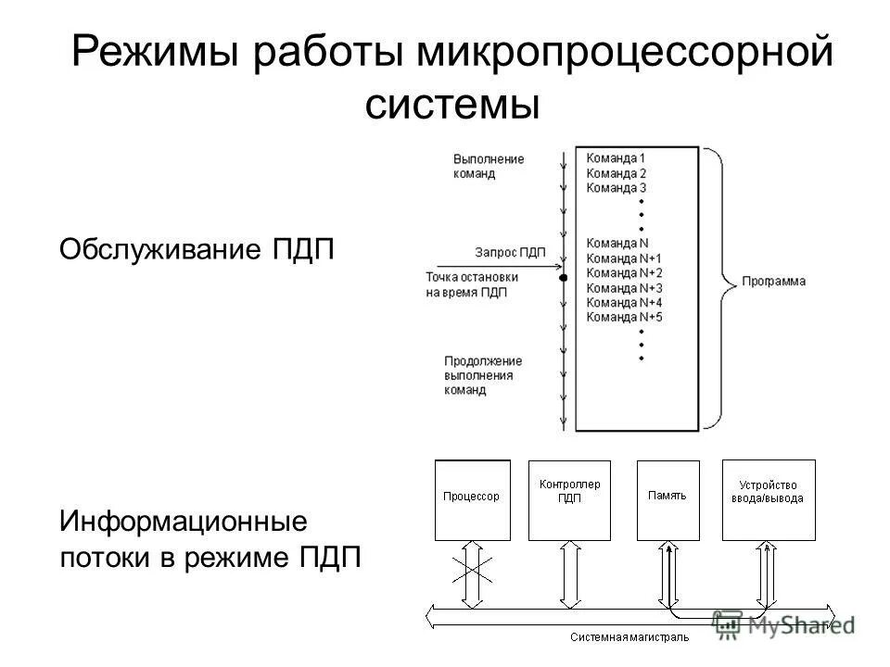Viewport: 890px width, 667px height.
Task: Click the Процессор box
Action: [x=472, y=499]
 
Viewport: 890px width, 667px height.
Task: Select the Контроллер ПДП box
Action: [x=569, y=499]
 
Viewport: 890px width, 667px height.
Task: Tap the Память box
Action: [x=667, y=499]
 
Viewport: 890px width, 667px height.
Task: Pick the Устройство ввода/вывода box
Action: [x=769, y=499]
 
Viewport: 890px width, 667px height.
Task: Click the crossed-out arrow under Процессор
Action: [x=472, y=574]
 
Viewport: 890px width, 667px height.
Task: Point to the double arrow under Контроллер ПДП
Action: [x=569, y=574]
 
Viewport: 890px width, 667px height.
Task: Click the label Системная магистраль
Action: [x=629, y=638]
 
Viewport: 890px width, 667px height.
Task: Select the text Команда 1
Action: [x=616, y=157]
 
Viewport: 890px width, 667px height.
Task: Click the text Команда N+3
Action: [x=625, y=287]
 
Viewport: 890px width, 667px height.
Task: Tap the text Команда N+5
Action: [x=625, y=317]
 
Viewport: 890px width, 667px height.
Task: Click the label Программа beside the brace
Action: [x=773, y=281]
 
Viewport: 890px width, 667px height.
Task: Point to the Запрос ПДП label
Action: [x=510, y=251]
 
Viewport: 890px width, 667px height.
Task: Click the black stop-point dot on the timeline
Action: [x=563, y=277]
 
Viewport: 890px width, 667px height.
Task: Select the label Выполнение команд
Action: [x=489, y=166]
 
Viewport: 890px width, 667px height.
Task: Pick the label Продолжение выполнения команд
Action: [x=483, y=375]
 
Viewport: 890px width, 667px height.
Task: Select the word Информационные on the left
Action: [x=184, y=520]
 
